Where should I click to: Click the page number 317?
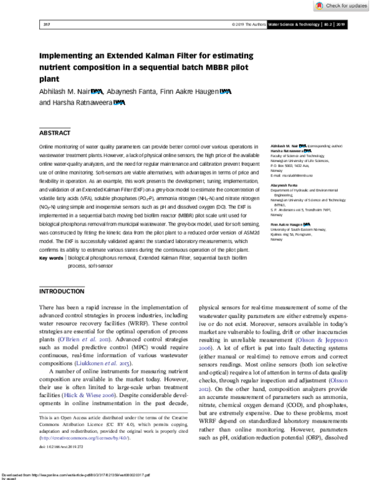(x=46, y=25)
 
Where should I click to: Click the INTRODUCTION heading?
(x=61, y=292)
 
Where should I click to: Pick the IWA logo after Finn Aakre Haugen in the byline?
(x=225, y=92)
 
